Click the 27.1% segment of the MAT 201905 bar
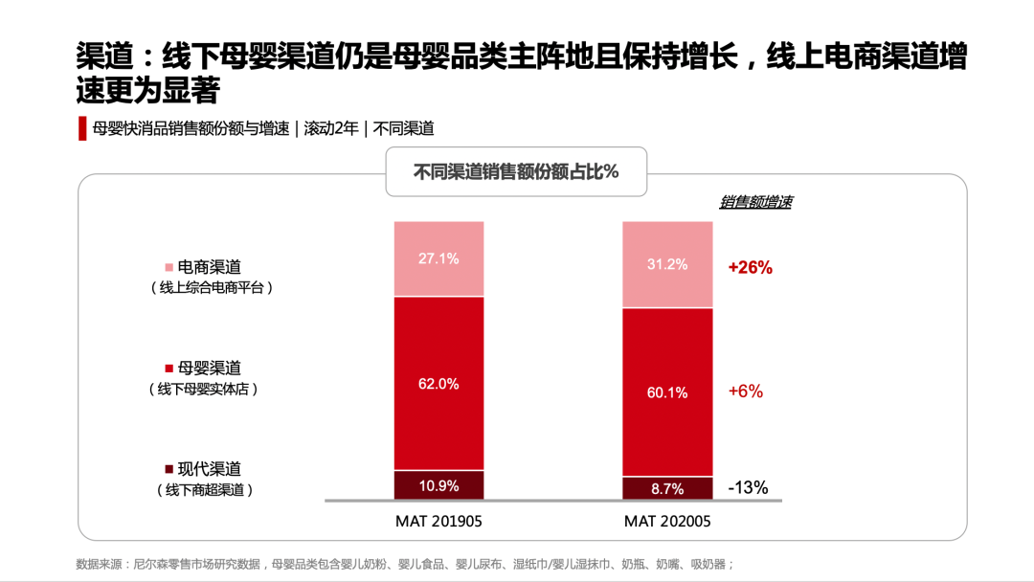tap(438, 258)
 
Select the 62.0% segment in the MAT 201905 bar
tap(438, 383)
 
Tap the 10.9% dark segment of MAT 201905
tap(438, 485)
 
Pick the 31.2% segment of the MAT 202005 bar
tap(667, 264)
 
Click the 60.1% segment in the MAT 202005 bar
tap(667, 392)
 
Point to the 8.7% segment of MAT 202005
tap(667, 488)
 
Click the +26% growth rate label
tap(750, 268)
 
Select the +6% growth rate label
tap(746, 391)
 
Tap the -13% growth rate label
tap(748, 487)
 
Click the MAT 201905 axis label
tap(438, 522)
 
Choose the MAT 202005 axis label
tap(667, 522)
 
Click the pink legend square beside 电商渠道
tap(169, 267)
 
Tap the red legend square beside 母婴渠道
tap(169, 368)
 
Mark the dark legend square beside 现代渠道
tap(169, 469)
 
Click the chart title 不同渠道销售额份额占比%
tap(516, 172)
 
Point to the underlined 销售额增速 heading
tap(755, 203)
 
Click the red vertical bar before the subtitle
tap(82, 128)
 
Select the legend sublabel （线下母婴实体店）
tap(203, 390)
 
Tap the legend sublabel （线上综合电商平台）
tap(211, 287)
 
